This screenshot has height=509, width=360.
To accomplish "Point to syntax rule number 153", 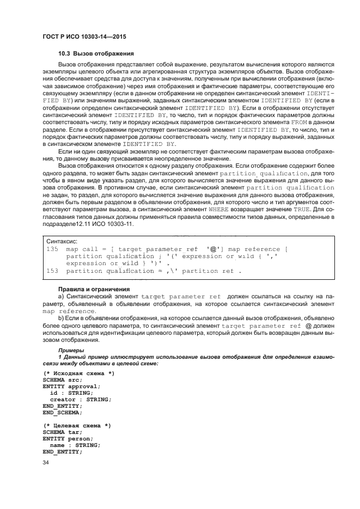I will [53, 271].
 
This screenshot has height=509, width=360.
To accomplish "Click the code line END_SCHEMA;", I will [62, 412].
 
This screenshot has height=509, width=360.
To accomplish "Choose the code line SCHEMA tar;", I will [62, 432].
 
